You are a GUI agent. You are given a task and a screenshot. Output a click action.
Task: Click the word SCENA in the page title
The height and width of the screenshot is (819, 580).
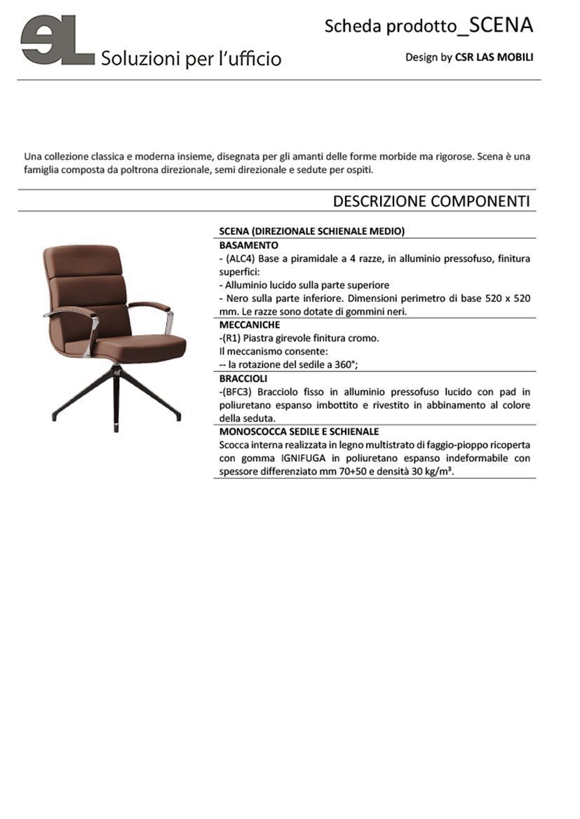click(x=501, y=25)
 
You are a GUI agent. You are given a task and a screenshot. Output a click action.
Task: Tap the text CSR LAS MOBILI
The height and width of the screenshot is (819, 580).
click(x=494, y=57)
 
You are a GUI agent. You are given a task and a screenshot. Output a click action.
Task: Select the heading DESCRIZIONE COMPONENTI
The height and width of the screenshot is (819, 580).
click(x=431, y=201)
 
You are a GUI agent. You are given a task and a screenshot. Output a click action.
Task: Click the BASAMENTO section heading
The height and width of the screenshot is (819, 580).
click(x=248, y=245)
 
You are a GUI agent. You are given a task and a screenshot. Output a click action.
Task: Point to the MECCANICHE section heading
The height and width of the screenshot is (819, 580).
click(x=250, y=325)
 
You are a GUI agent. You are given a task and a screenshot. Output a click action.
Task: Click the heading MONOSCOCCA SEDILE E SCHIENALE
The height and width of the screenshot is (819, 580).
click(x=299, y=432)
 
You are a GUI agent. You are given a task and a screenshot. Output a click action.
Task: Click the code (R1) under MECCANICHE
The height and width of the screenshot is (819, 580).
click(x=231, y=338)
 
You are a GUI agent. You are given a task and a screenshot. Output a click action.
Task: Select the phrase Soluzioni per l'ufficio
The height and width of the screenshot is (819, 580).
click(x=191, y=58)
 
